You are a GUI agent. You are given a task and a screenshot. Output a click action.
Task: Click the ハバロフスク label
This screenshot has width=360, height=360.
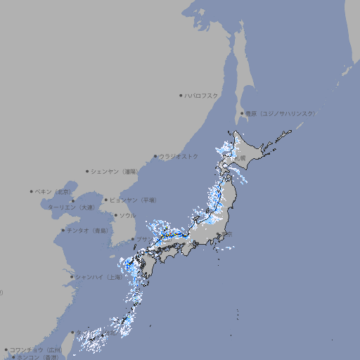(202, 95)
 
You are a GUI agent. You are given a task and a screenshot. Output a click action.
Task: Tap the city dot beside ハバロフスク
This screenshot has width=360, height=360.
(181, 95)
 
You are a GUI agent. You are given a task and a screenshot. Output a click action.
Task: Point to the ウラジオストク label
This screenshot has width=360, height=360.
(179, 156)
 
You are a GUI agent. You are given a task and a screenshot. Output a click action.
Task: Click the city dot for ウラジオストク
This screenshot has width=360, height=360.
(155, 157)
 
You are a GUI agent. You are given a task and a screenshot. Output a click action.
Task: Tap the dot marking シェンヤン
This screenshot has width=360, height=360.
(88, 171)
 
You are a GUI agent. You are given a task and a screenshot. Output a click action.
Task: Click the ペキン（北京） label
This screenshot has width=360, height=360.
(54, 191)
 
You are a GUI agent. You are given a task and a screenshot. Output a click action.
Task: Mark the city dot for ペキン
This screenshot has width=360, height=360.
(32, 191)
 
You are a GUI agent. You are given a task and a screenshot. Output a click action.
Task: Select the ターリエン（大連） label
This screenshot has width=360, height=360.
(71, 207)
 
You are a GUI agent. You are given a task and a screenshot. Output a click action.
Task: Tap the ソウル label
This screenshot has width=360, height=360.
(127, 215)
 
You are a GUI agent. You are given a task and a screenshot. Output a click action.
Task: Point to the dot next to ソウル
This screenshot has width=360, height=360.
(115, 215)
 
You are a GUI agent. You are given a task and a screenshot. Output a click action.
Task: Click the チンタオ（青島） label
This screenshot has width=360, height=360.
(88, 230)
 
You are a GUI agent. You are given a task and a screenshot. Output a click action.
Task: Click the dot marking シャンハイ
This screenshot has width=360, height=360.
(72, 277)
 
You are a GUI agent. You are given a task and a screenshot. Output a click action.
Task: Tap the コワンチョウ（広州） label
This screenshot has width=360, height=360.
(35, 349)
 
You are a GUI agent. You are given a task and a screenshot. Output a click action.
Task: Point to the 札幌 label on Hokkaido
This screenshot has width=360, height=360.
(240, 158)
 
